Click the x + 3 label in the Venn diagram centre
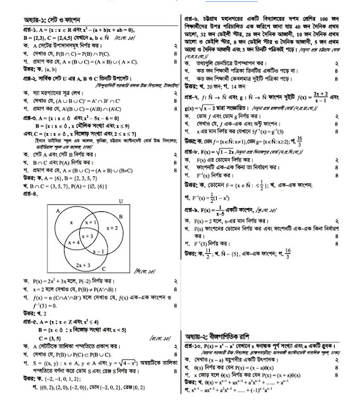[x=89, y=236]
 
